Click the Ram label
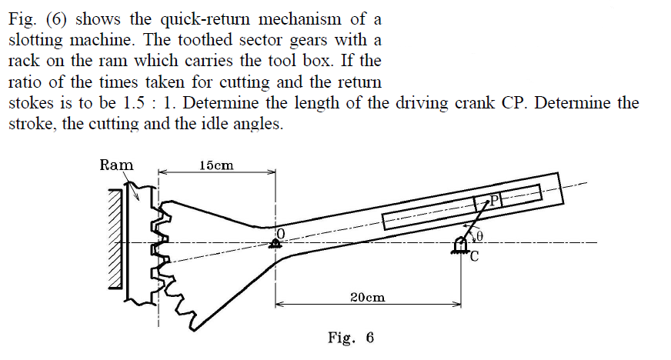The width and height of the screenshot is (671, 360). [x=117, y=165]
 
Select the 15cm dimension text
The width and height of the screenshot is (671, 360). [x=216, y=165]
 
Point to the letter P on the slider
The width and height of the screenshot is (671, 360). [x=496, y=201]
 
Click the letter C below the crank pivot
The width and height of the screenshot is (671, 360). [x=474, y=258]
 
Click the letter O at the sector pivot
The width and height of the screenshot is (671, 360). [x=281, y=232]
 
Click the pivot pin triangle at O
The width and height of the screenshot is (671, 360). [x=275, y=244]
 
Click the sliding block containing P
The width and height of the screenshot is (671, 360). [x=488, y=202]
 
